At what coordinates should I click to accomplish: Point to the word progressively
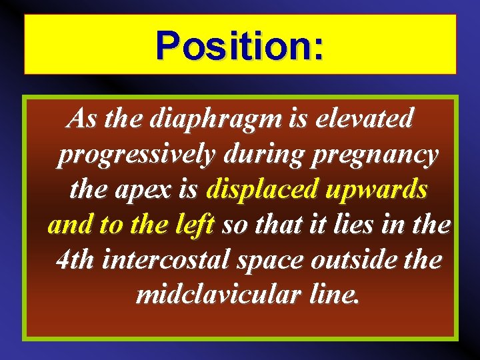coord(136,156)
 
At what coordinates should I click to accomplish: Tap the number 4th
coord(75,260)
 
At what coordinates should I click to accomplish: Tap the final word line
coord(333,294)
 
